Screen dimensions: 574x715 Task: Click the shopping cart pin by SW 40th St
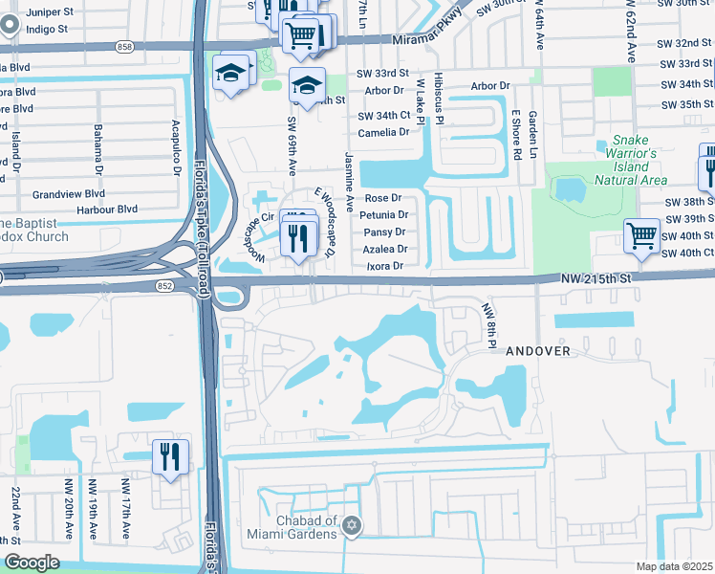pyautogui.click(x=641, y=235)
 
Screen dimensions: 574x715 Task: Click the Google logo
pyautogui.click(x=32, y=563)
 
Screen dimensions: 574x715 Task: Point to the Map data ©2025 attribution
pyautogui.click(x=674, y=566)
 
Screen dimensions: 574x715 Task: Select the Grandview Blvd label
pyautogui.click(x=68, y=193)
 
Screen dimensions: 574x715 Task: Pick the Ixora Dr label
pyautogui.click(x=385, y=266)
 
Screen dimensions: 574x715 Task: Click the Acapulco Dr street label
pyautogui.click(x=176, y=142)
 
